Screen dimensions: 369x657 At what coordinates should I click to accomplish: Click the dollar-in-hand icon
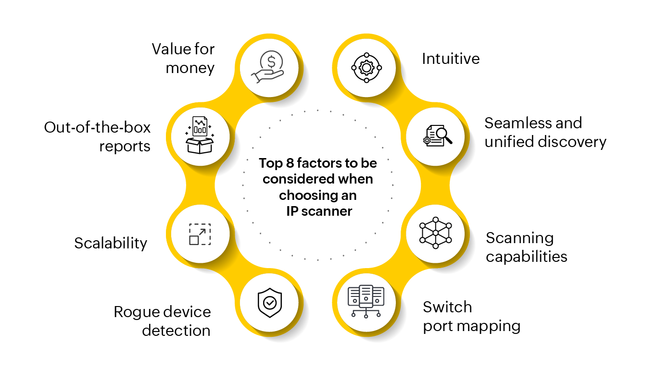pos(269,67)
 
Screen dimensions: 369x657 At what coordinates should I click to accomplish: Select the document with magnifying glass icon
pos(436,136)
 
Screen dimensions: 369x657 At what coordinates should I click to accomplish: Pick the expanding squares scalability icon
pos(200,234)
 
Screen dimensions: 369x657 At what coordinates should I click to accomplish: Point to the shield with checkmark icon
pos(269,303)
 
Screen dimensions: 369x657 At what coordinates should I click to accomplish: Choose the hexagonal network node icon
pos(436,233)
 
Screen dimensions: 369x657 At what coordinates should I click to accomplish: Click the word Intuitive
pos(451,59)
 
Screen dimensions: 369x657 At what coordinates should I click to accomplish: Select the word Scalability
pos(111,243)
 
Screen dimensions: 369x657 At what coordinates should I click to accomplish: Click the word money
pos(190,68)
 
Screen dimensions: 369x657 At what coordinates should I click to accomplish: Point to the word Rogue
pos(136,312)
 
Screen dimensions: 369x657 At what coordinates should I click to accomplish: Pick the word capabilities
pos(527,257)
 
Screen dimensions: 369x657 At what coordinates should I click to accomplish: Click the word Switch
pos(447,307)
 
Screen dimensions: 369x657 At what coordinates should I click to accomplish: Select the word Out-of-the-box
pos(98,128)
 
